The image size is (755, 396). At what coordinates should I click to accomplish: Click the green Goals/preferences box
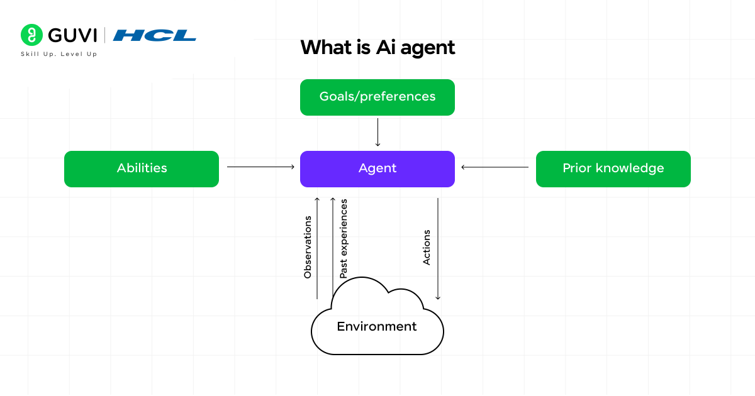[x=377, y=97]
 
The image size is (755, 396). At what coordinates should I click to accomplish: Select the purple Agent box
[x=377, y=168]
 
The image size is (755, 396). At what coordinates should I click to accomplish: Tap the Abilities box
[x=142, y=168]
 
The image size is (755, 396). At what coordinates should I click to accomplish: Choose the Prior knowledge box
[x=613, y=168]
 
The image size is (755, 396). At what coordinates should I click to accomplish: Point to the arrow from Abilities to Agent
[x=260, y=167]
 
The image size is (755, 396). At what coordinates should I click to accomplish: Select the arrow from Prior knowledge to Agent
[x=495, y=167]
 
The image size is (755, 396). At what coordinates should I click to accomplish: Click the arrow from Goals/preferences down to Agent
[x=377, y=132]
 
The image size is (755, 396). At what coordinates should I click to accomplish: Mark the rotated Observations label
[x=308, y=247]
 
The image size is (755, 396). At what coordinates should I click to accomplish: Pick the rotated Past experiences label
[x=344, y=239]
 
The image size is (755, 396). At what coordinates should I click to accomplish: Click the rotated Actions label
[x=427, y=247]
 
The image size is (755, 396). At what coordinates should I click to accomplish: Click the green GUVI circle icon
[x=31, y=35]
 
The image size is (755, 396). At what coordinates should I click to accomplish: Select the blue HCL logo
[x=155, y=35]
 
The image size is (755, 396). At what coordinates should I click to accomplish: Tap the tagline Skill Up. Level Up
[x=59, y=54]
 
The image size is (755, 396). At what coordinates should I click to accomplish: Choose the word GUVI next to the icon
[x=72, y=35]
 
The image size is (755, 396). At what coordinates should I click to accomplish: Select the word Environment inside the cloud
[x=377, y=327]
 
